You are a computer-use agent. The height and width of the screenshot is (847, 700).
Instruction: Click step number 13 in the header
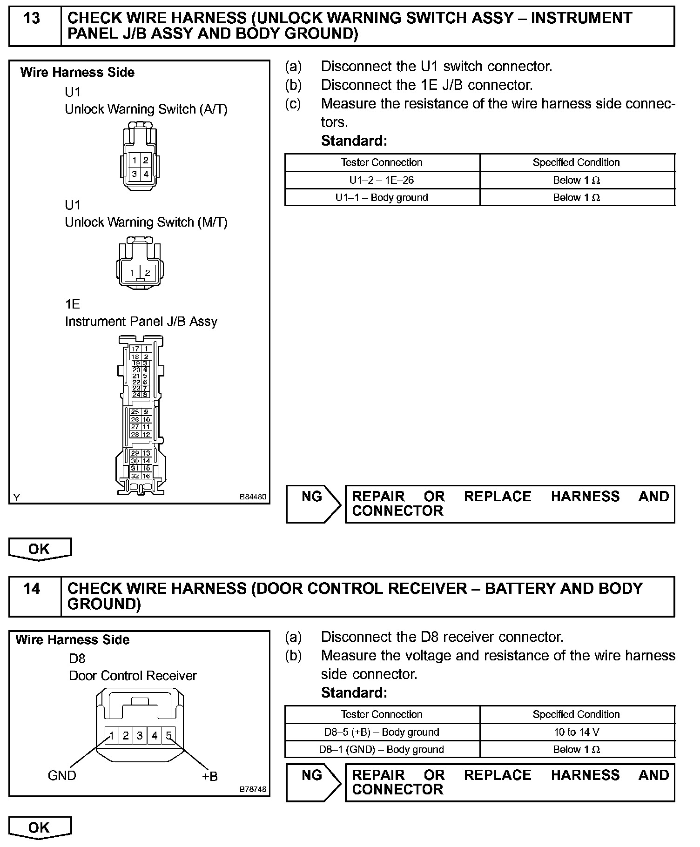[x=32, y=19]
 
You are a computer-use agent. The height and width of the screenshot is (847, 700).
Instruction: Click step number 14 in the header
[x=32, y=589]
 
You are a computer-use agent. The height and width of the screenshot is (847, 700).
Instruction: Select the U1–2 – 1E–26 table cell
[x=382, y=180]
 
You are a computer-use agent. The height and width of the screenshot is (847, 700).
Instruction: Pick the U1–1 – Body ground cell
[x=382, y=197]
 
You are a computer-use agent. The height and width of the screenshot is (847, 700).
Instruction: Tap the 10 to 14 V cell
[x=576, y=732]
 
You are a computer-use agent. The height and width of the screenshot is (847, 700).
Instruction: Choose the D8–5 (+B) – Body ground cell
[x=382, y=732]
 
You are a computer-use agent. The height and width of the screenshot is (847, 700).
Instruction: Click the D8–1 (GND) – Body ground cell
[x=382, y=749]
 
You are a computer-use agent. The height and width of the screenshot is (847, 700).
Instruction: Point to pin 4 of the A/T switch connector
[x=146, y=175]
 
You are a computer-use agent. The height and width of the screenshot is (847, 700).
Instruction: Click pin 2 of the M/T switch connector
[x=148, y=273]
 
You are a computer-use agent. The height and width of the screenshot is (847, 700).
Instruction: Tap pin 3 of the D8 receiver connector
[x=140, y=736]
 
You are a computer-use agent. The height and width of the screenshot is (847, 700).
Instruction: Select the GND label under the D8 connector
[x=61, y=775]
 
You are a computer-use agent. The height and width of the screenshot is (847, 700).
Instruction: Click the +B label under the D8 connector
[x=210, y=776]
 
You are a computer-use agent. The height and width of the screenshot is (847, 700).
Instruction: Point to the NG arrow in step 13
[x=313, y=504]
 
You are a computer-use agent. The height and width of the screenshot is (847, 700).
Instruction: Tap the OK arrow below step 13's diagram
[x=40, y=549]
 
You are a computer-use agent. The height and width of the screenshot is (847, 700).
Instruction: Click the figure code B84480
[x=253, y=497]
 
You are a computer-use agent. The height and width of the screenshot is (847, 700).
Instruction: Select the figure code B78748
[x=253, y=789]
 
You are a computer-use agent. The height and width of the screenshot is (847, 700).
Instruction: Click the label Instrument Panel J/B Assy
[x=141, y=322]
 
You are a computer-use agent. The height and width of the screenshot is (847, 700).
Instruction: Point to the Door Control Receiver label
[x=133, y=676]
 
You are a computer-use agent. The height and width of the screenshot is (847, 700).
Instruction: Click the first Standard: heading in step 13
[x=354, y=141]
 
